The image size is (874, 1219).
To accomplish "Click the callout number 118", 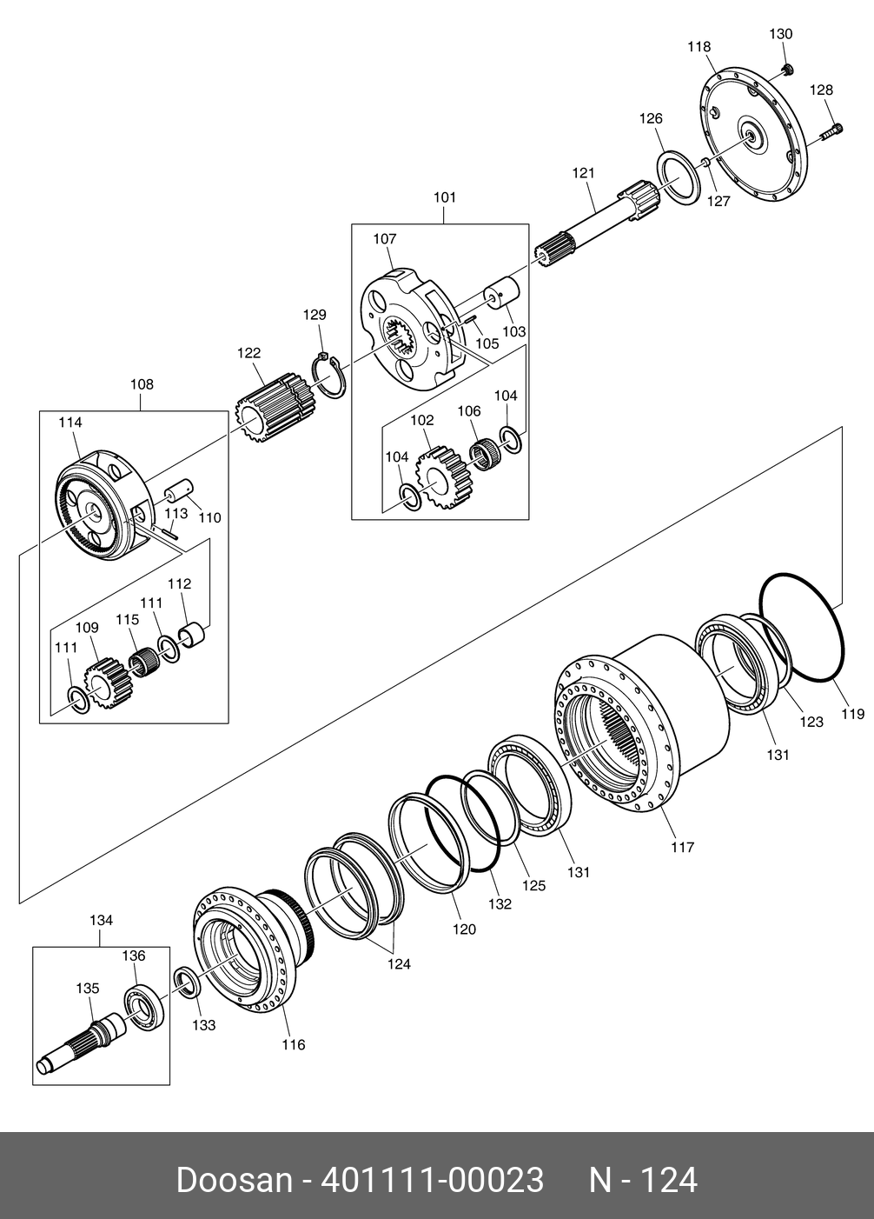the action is point(699,47).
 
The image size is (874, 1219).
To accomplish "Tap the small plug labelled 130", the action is point(787,69).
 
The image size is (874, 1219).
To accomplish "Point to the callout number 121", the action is point(584,173).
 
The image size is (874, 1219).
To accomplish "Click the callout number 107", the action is point(385,238).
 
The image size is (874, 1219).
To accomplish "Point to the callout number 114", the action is point(70,422).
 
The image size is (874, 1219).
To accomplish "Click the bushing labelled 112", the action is point(193,635).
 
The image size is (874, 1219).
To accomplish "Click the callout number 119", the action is point(853,713).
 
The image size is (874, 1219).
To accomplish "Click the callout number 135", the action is point(88,988).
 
